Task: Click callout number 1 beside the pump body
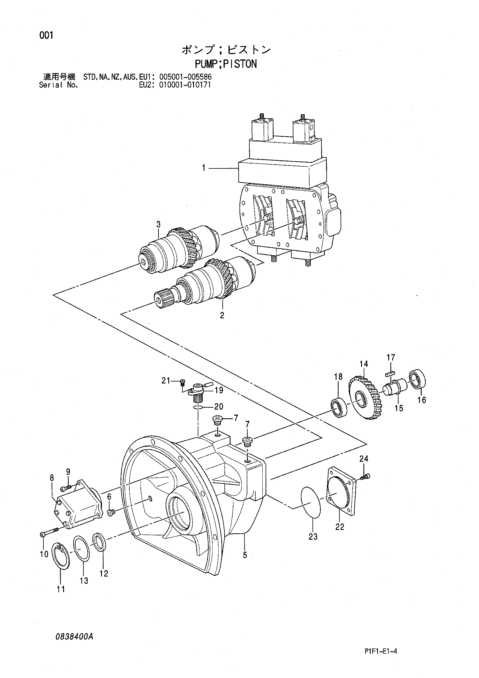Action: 204,168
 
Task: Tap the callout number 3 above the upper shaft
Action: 158,224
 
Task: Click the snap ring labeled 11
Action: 61,555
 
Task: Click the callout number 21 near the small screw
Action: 166,381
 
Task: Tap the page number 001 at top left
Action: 46,36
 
